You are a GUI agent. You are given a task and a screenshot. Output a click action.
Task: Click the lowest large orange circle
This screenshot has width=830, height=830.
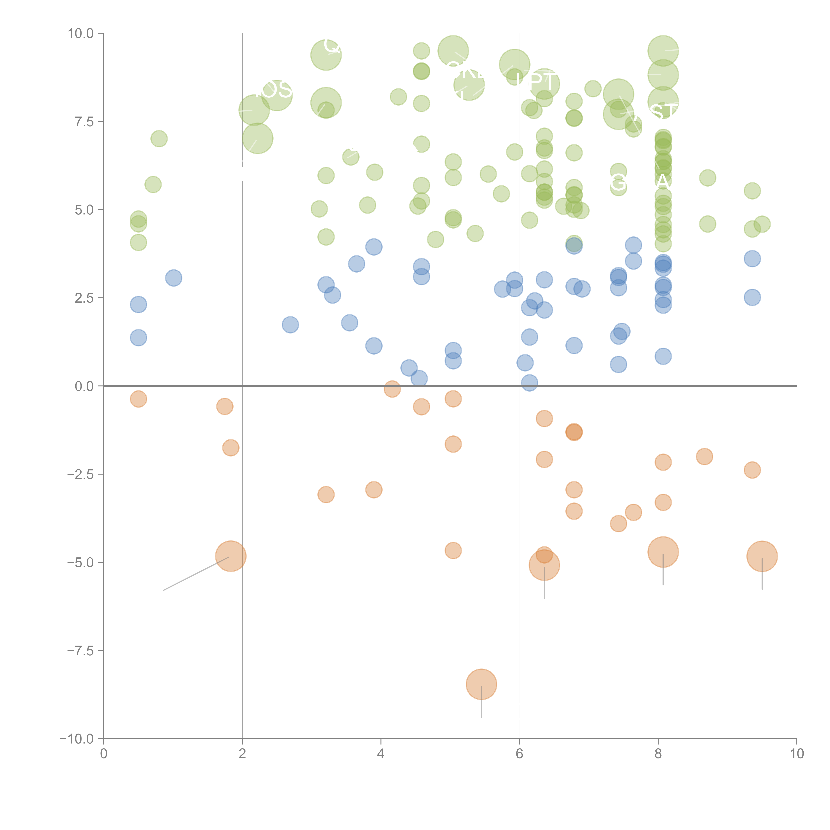(481, 684)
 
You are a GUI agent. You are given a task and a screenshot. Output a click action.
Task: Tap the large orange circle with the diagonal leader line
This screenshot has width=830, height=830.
(231, 556)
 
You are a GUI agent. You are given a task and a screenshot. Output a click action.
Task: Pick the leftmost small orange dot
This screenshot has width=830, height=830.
(138, 399)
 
